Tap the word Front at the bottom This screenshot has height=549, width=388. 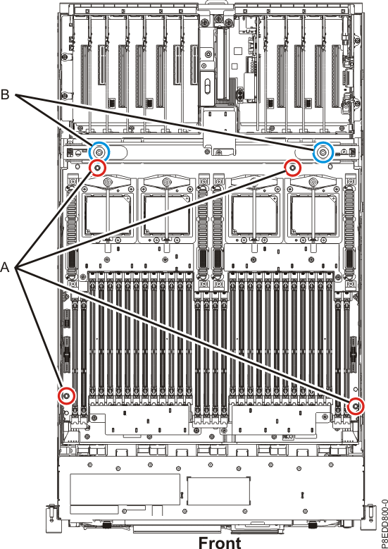point(219,541)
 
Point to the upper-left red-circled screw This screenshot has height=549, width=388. point(97,168)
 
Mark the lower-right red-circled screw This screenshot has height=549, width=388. point(357,405)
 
